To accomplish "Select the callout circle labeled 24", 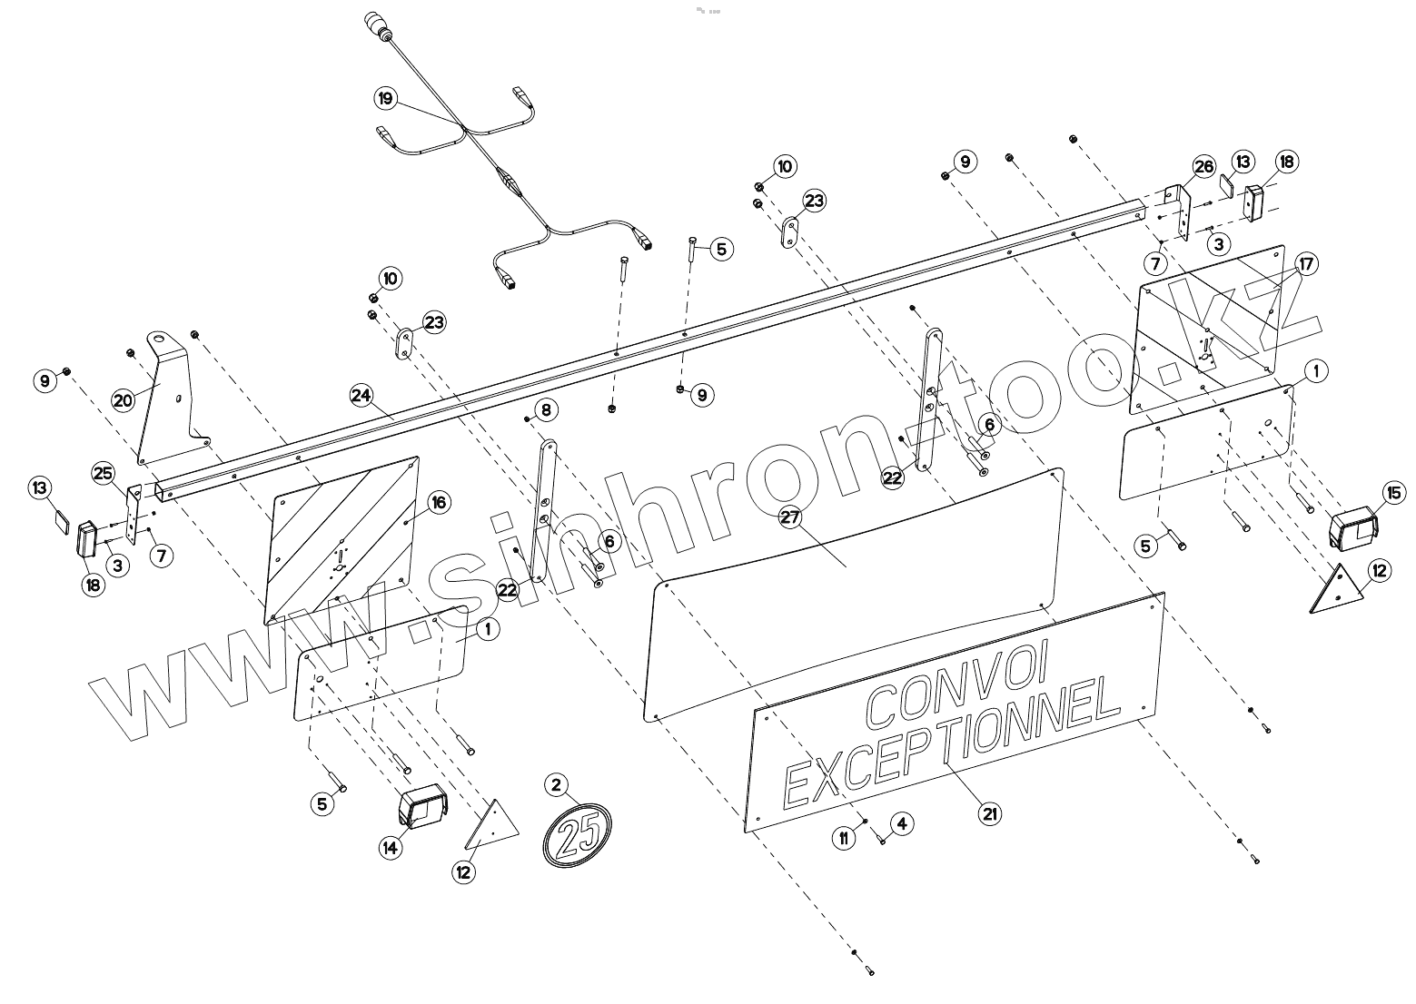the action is (x=361, y=395).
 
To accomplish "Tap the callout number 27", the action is (x=790, y=517).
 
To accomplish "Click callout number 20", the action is (x=124, y=399).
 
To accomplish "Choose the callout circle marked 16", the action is (x=438, y=503).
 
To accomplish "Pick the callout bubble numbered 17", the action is (x=1305, y=264).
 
